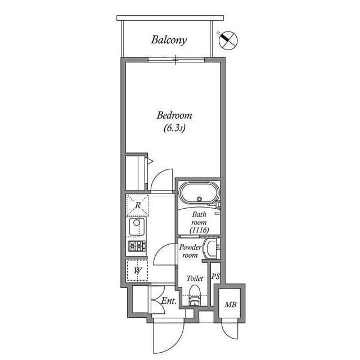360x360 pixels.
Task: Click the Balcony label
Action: pyautogui.click(x=169, y=40)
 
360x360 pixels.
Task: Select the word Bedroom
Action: pyautogui.click(x=174, y=115)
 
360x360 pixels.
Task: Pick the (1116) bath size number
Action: pyautogui.click(x=200, y=229)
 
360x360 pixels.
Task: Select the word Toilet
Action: pyautogui.click(x=195, y=278)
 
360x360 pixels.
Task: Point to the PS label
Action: pyautogui.click(x=215, y=277)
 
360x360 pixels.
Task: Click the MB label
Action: pyautogui.click(x=231, y=305)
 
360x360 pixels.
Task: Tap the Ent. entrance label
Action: pyautogui.click(x=169, y=301)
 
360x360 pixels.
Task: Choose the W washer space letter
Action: pyautogui.click(x=137, y=270)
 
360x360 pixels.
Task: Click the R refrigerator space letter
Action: pyautogui.click(x=138, y=205)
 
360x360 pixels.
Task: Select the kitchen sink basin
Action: pyautogui.click(x=137, y=227)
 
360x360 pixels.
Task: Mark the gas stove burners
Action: pyautogui.click(x=137, y=246)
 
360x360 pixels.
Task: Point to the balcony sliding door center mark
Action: pyautogui.click(x=175, y=58)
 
